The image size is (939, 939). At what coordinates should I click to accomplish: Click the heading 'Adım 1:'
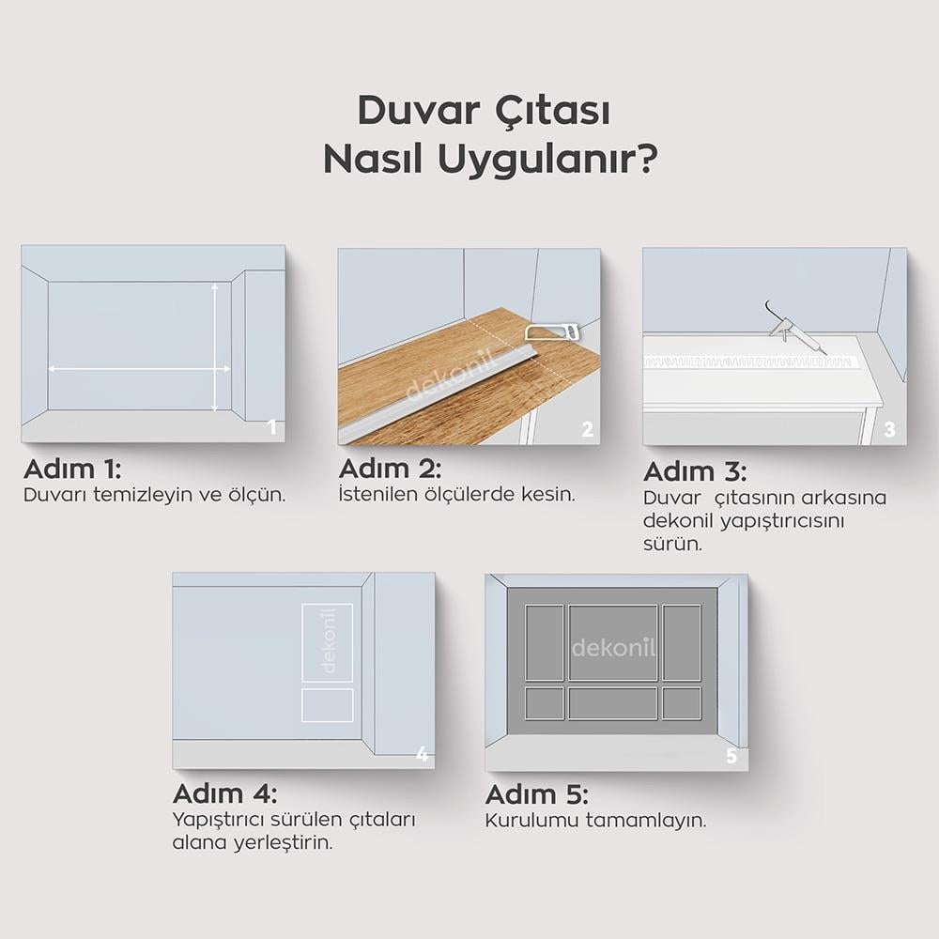pos(72,469)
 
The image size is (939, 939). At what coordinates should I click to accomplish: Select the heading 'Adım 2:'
pos(390,469)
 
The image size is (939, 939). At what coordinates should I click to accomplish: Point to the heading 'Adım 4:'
pos(224,793)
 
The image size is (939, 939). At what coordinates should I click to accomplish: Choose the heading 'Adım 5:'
pos(536,795)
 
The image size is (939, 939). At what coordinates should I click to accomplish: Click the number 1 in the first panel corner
pos(272,428)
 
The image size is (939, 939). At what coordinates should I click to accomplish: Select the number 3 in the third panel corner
pos(889,430)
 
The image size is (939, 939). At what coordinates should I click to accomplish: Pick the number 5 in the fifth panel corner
pos(731,757)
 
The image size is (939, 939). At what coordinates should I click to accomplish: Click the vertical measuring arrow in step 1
pos(215,348)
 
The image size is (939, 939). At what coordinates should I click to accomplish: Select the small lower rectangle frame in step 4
pos(328,705)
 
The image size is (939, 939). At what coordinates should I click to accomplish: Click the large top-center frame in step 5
pos(613,643)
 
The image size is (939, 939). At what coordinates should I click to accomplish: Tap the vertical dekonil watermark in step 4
pos(328,643)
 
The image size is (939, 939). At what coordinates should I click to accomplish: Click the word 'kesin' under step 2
pos(549,494)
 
